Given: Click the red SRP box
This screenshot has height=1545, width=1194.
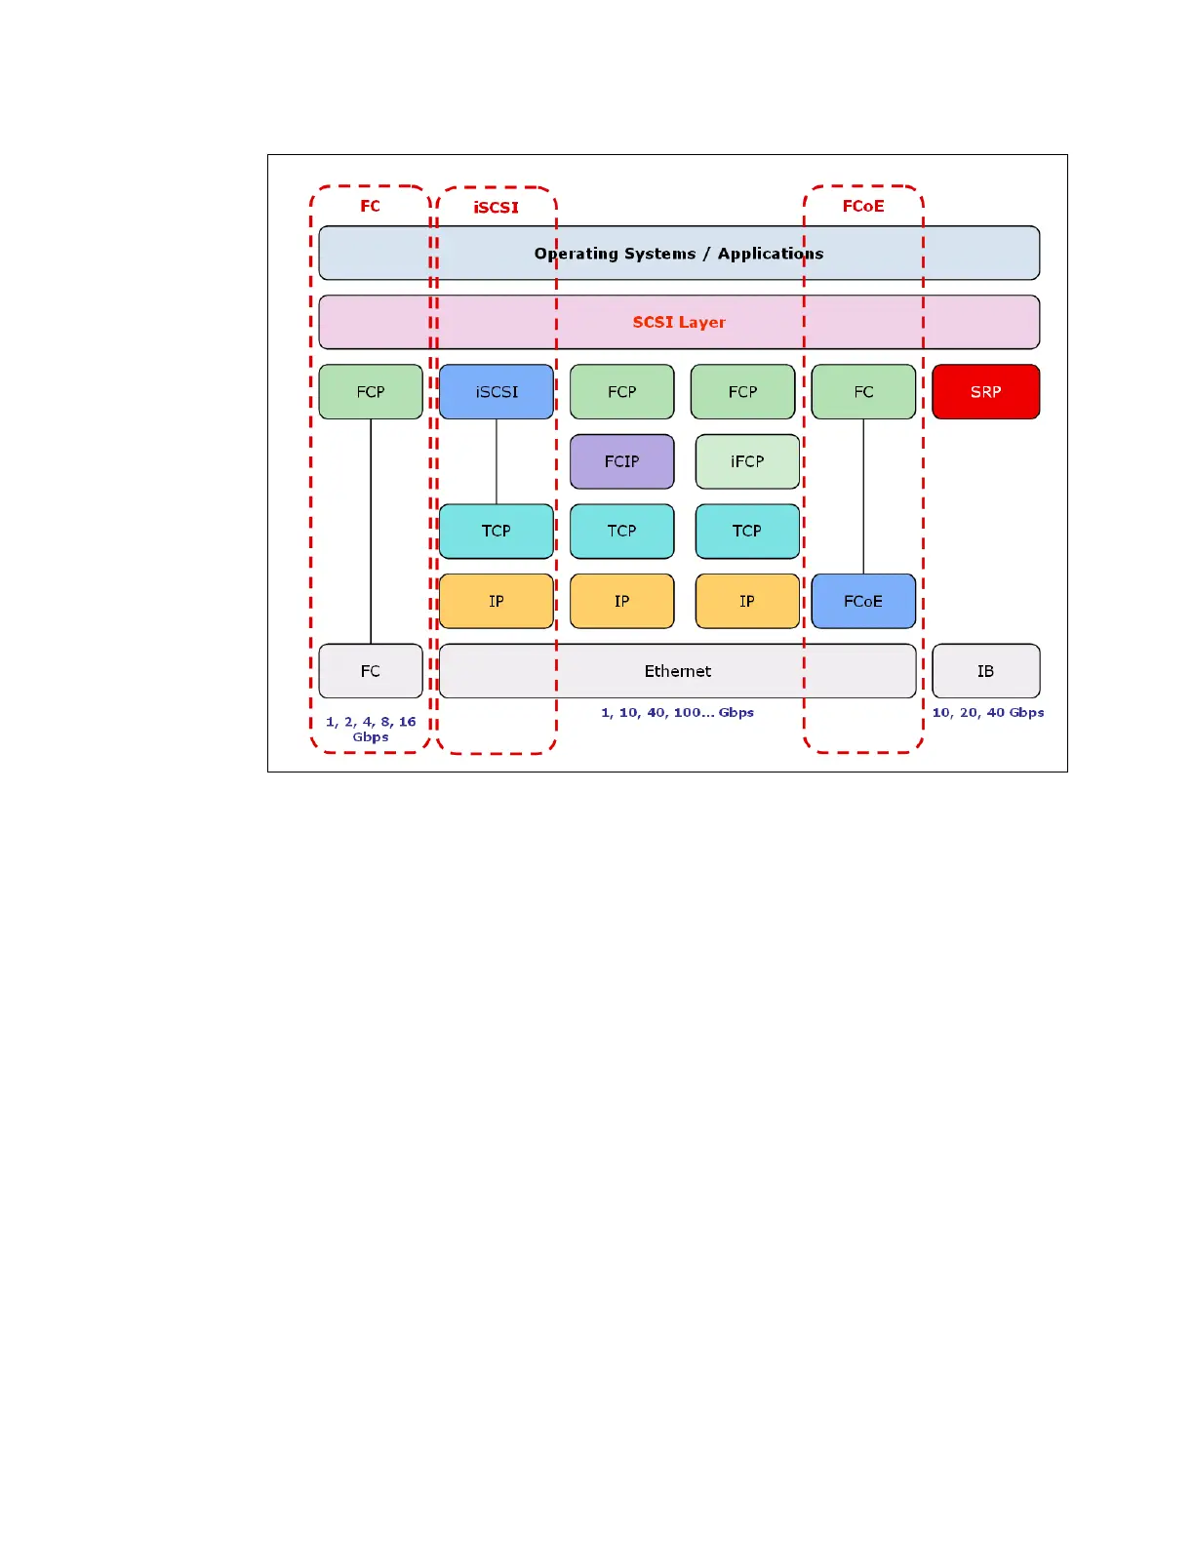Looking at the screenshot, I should click(x=985, y=392).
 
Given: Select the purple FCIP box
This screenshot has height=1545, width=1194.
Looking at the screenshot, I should click(x=621, y=461).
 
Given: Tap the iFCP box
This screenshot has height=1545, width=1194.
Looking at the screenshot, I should click(x=747, y=461).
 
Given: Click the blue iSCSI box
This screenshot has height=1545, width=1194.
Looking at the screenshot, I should click(x=497, y=392).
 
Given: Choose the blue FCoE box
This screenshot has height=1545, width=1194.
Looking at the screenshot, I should click(x=863, y=601).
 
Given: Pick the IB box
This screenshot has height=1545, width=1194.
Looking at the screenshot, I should click(x=985, y=671).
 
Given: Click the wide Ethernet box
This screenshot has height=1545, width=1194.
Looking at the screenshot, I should click(x=677, y=671).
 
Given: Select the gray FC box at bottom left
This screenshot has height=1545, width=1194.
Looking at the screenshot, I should click(x=371, y=671).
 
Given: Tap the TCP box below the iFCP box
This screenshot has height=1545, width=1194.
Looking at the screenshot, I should click(x=747, y=531).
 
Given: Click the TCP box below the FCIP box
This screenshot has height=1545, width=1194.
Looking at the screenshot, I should click(x=621, y=531).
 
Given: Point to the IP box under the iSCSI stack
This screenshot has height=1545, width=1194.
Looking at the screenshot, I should click(x=497, y=601).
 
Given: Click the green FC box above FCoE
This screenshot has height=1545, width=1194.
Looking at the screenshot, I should click(x=863, y=392).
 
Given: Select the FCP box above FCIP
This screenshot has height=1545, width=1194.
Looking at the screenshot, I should click(x=621, y=392).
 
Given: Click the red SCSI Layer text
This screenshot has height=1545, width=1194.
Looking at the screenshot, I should click(x=679, y=322).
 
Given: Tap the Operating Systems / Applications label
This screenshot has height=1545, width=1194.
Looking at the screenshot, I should click(x=679, y=254).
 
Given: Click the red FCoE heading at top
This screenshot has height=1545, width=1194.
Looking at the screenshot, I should click(x=863, y=206).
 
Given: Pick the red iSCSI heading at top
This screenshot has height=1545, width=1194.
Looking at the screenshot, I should click(x=497, y=207).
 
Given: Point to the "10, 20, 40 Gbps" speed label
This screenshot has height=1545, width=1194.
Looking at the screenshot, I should click(x=988, y=713).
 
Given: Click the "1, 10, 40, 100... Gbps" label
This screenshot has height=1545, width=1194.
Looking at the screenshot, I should click(x=677, y=713).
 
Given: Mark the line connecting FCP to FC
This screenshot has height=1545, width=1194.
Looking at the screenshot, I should click(x=371, y=532).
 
